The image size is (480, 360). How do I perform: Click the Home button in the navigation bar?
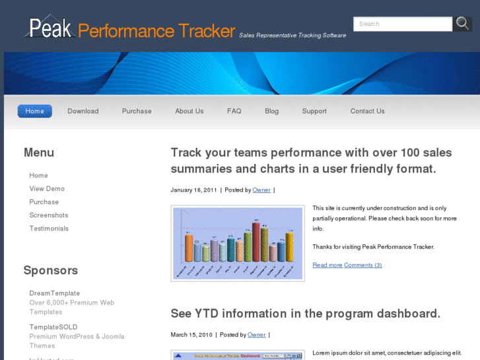pyautogui.click(x=34, y=111)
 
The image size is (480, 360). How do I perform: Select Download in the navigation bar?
pyautogui.click(x=83, y=111)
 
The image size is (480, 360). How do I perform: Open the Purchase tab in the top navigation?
pyautogui.click(x=137, y=111)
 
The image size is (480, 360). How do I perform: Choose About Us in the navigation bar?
pyautogui.click(x=189, y=111)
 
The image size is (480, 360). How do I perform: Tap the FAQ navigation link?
pyautogui.click(x=234, y=111)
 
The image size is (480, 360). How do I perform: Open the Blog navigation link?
pyautogui.click(x=272, y=111)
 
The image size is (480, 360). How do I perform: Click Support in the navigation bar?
pyautogui.click(x=314, y=111)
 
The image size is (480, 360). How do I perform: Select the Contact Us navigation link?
pyautogui.click(x=368, y=111)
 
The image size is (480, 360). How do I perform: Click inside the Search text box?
pyautogui.click(x=402, y=24)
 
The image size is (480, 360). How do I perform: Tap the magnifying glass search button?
pyautogui.click(x=462, y=24)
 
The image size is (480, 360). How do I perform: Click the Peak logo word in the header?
pyautogui.click(x=51, y=28)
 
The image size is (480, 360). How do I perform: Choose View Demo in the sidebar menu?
pyautogui.click(x=47, y=189)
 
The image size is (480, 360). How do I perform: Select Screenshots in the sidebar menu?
pyautogui.click(x=49, y=215)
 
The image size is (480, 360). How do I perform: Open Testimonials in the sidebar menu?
pyautogui.click(x=49, y=229)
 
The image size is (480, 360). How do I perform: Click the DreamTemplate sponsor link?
pyautogui.click(x=55, y=293)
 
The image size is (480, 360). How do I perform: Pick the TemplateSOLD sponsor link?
pyautogui.click(x=53, y=327)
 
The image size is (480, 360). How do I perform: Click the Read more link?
pyautogui.click(x=327, y=265)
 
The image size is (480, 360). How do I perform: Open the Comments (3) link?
pyautogui.click(x=363, y=265)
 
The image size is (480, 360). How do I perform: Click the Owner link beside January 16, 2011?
pyautogui.click(x=261, y=190)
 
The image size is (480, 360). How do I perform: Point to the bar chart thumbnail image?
pyautogui.click(x=238, y=243)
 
